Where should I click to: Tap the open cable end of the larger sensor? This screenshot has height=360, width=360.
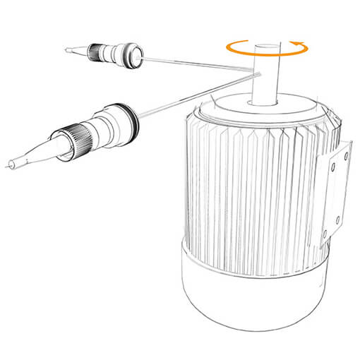click(x=8, y=166)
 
